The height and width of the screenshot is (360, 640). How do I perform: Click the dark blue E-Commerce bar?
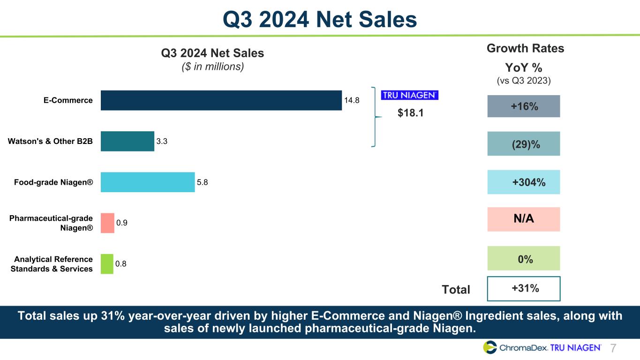click(x=221, y=100)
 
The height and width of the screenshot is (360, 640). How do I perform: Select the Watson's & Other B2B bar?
click(x=128, y=141)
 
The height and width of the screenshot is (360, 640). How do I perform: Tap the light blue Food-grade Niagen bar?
click(x=148, y=182)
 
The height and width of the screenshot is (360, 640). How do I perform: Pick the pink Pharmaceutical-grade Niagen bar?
click(x=107, y=223)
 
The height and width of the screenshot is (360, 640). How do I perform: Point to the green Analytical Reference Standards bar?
click(x=107, y=263)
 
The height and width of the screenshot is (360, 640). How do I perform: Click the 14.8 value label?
click(x=352, y=100)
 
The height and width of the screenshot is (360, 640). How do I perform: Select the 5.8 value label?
click(x=203, y=182)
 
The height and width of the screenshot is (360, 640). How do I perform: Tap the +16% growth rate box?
click(x=524, y=106)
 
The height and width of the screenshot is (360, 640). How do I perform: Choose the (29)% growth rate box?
click(x=524, y=144)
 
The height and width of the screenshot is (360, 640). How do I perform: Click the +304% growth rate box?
click(x=524, y=182)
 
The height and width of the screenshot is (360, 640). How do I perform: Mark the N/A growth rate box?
click(x=524, y=219)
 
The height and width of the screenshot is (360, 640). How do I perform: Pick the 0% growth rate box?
click(x=524, y=258)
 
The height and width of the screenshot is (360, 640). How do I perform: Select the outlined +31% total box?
click(x=524, y=288)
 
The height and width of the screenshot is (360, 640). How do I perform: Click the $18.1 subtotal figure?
click(x=411, y=113)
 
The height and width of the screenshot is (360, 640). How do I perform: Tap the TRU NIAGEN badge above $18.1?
click(x=409, y=95)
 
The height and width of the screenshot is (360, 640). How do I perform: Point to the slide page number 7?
click(x=613, y=348)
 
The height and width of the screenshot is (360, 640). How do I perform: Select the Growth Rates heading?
click(x=525, y=48)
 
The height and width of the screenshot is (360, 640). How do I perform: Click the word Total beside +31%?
click(x=456, y=290)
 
